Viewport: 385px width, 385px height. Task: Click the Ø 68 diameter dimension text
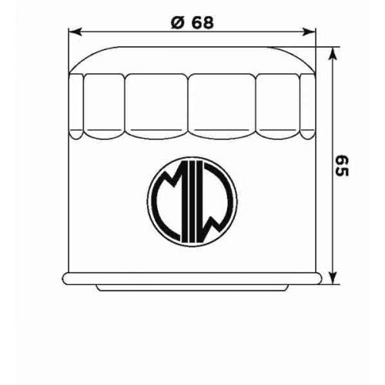[x=192, y=22]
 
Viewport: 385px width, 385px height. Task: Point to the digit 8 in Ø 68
[x=207, y=22]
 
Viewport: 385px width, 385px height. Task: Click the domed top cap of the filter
[x=192, y=60]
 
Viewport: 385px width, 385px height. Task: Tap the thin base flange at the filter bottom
[x=192, y=278]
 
